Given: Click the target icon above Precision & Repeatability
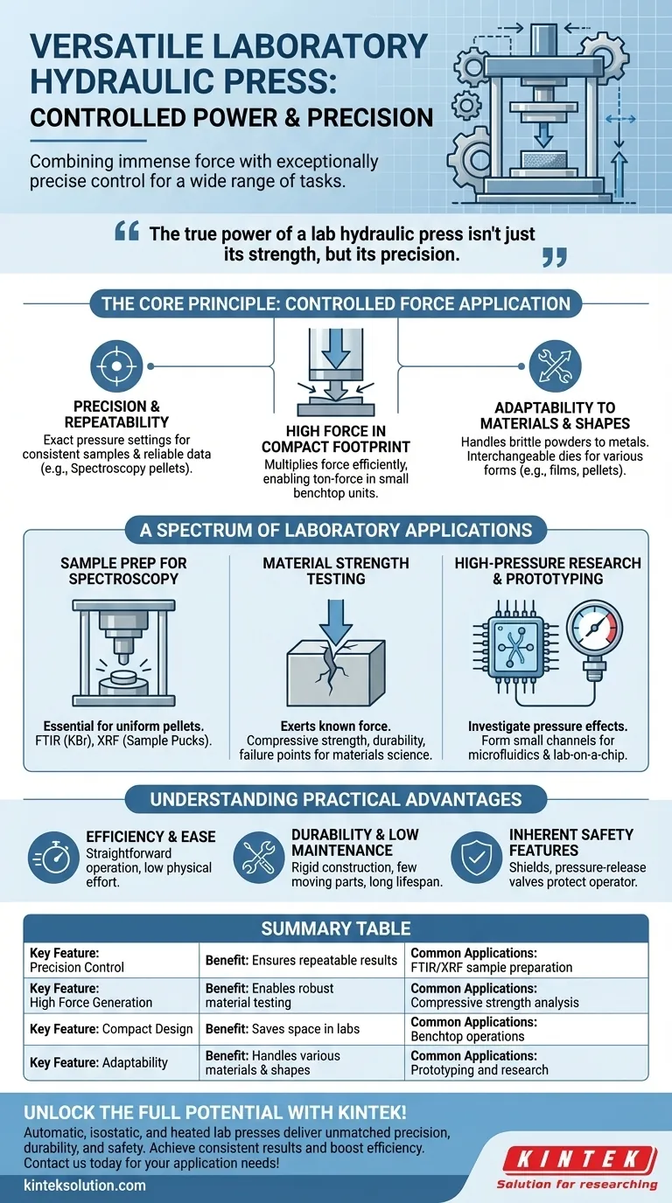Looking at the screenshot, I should coord(116,365).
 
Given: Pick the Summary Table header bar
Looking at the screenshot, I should coord(336,928).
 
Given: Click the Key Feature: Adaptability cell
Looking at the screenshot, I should coord(111,1063).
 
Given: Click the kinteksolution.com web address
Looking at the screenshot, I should coord(85,1186).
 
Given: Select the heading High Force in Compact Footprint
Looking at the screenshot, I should coord(336,439).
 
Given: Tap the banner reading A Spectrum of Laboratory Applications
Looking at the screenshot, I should coord(336,530).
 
